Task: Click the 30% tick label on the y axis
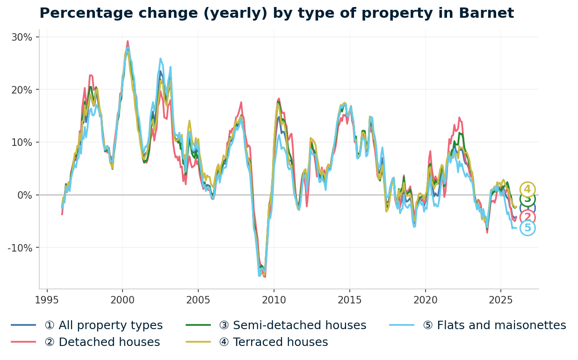(x=22, y=37)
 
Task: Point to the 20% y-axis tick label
(x=22, y=90)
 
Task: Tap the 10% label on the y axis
(x=22, y=142)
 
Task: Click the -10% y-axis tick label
(x=20, y=248)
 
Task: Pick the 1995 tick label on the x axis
(x=47, y=300)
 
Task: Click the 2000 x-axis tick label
(x=123, y=300)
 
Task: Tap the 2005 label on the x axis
(x=198, y=300)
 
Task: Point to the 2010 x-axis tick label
(x=274, y=300)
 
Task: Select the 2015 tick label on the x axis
(x=349, y=300)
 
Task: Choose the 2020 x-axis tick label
(x=425, y=300)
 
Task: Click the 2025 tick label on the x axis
(x=500, y=300)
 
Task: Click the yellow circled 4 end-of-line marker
(x=527, y=189)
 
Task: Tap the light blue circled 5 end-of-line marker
(x=527, y=228)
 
